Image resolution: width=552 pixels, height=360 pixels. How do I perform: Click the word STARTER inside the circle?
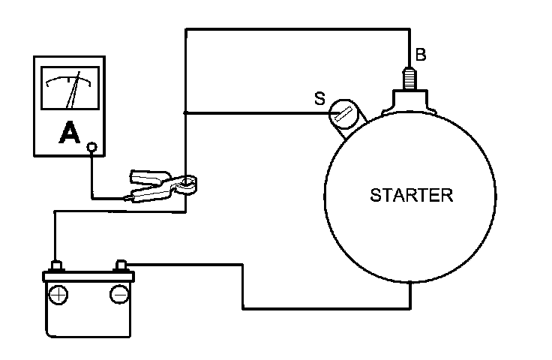[x=412, y=196]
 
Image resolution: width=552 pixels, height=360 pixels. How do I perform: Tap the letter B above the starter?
[x=421, y=54]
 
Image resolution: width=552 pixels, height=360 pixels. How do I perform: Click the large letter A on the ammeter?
[x=70, y=133]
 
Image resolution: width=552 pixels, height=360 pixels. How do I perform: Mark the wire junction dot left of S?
[x=185, y=113]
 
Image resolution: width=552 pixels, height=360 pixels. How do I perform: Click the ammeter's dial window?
[x=71, y=89]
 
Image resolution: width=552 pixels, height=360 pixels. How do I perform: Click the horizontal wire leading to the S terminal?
[x=255, y=113]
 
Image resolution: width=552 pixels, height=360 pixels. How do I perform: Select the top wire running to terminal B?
[x=300, y=29]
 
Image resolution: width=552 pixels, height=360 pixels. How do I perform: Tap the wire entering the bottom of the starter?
[x=411, y=296]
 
